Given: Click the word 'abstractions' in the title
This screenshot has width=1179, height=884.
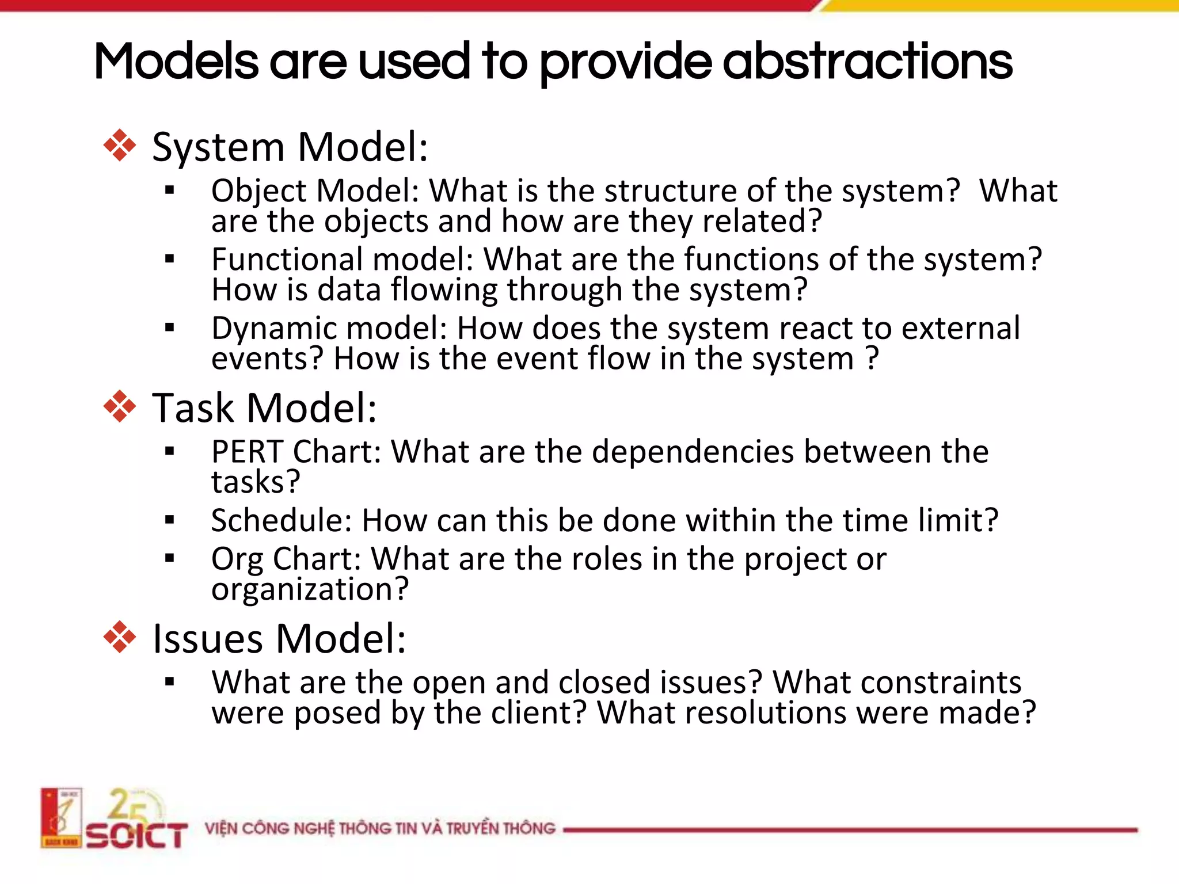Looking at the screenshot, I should point(867,62).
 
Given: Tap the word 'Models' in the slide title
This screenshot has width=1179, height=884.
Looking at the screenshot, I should point(176,62).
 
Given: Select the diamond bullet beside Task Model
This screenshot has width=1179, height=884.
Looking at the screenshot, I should point(120,406).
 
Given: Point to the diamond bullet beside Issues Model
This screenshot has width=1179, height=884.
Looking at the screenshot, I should point(120,637).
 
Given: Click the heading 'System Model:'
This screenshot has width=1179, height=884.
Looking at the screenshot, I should point(290,147).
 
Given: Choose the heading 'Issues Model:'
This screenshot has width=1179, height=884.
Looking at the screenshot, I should point(279,639).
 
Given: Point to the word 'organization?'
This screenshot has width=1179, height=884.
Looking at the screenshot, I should point(310,589).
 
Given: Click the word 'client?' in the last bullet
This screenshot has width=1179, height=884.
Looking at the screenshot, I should point(538,712).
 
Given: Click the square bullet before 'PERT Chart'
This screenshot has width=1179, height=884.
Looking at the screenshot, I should point(169,451).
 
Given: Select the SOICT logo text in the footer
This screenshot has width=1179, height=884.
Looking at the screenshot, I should point(137,835).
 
